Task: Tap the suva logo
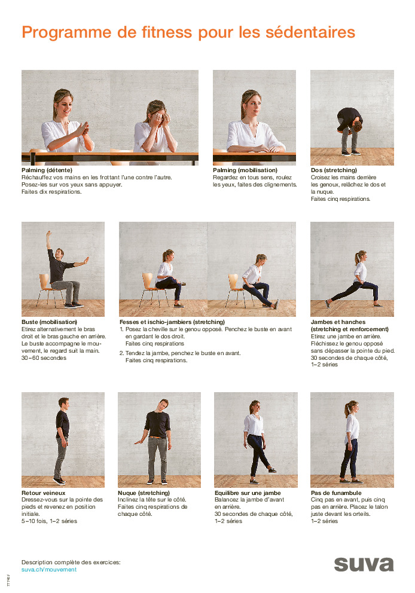(364, 564)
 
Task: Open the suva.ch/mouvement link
(49, 570)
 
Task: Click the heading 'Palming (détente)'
(47, 170)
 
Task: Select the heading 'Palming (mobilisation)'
(245, 170)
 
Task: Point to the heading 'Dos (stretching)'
(334, 170)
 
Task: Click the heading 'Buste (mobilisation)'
(49, 322)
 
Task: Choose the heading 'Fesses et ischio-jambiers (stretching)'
(172, 322)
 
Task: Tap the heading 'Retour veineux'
(44, 493)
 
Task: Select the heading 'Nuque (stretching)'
(144, 493)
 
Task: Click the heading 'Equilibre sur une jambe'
(248, 493)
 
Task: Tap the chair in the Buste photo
(48, 289)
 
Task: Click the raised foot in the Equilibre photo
(272, 470)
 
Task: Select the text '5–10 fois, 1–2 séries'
(49, 521)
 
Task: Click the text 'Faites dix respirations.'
(51, 192)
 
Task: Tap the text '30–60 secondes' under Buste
(44, 357)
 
